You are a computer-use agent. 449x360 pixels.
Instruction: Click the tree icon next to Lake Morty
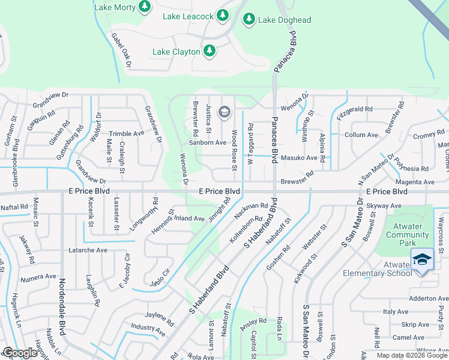point(144,7)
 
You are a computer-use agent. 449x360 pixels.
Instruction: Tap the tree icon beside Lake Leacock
point(223,14)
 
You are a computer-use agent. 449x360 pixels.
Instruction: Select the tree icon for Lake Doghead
point(249,20)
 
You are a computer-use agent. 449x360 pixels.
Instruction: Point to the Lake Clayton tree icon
point(209,51)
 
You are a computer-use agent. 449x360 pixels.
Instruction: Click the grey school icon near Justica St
point(224,111)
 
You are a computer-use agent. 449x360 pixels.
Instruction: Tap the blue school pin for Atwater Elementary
point(422,260)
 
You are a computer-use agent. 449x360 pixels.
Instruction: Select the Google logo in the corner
point(19,353)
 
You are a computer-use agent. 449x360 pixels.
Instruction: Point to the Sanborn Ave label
point(208,143)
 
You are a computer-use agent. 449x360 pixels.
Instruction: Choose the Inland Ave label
point(189,218)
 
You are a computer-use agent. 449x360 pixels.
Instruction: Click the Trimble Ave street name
point(126,134)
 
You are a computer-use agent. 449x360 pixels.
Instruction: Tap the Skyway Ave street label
point(384,206)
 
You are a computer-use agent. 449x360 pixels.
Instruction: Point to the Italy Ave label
point(396,311)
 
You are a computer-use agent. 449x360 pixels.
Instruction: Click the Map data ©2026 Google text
point(411,355)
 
